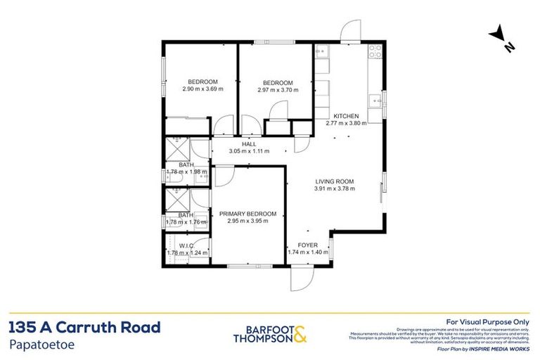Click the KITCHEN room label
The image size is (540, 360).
tap(346, 116)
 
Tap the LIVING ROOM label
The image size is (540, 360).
tap(333, 181)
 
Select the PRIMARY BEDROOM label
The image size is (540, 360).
tap(247, 214)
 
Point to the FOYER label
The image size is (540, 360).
tap(308, 245)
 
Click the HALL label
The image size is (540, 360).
tap(249, 143)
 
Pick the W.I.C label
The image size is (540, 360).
tap(186, 245)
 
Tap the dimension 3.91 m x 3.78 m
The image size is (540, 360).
tap(333, 188)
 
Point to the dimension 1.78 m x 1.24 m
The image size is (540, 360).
tap(186, 252)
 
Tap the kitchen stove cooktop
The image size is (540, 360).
tap(375, 51)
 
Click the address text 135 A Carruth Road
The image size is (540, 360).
tap(85, 327)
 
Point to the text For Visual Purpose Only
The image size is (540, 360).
tap(488, 321)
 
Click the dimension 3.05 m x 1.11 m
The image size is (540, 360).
tap(249, 151)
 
